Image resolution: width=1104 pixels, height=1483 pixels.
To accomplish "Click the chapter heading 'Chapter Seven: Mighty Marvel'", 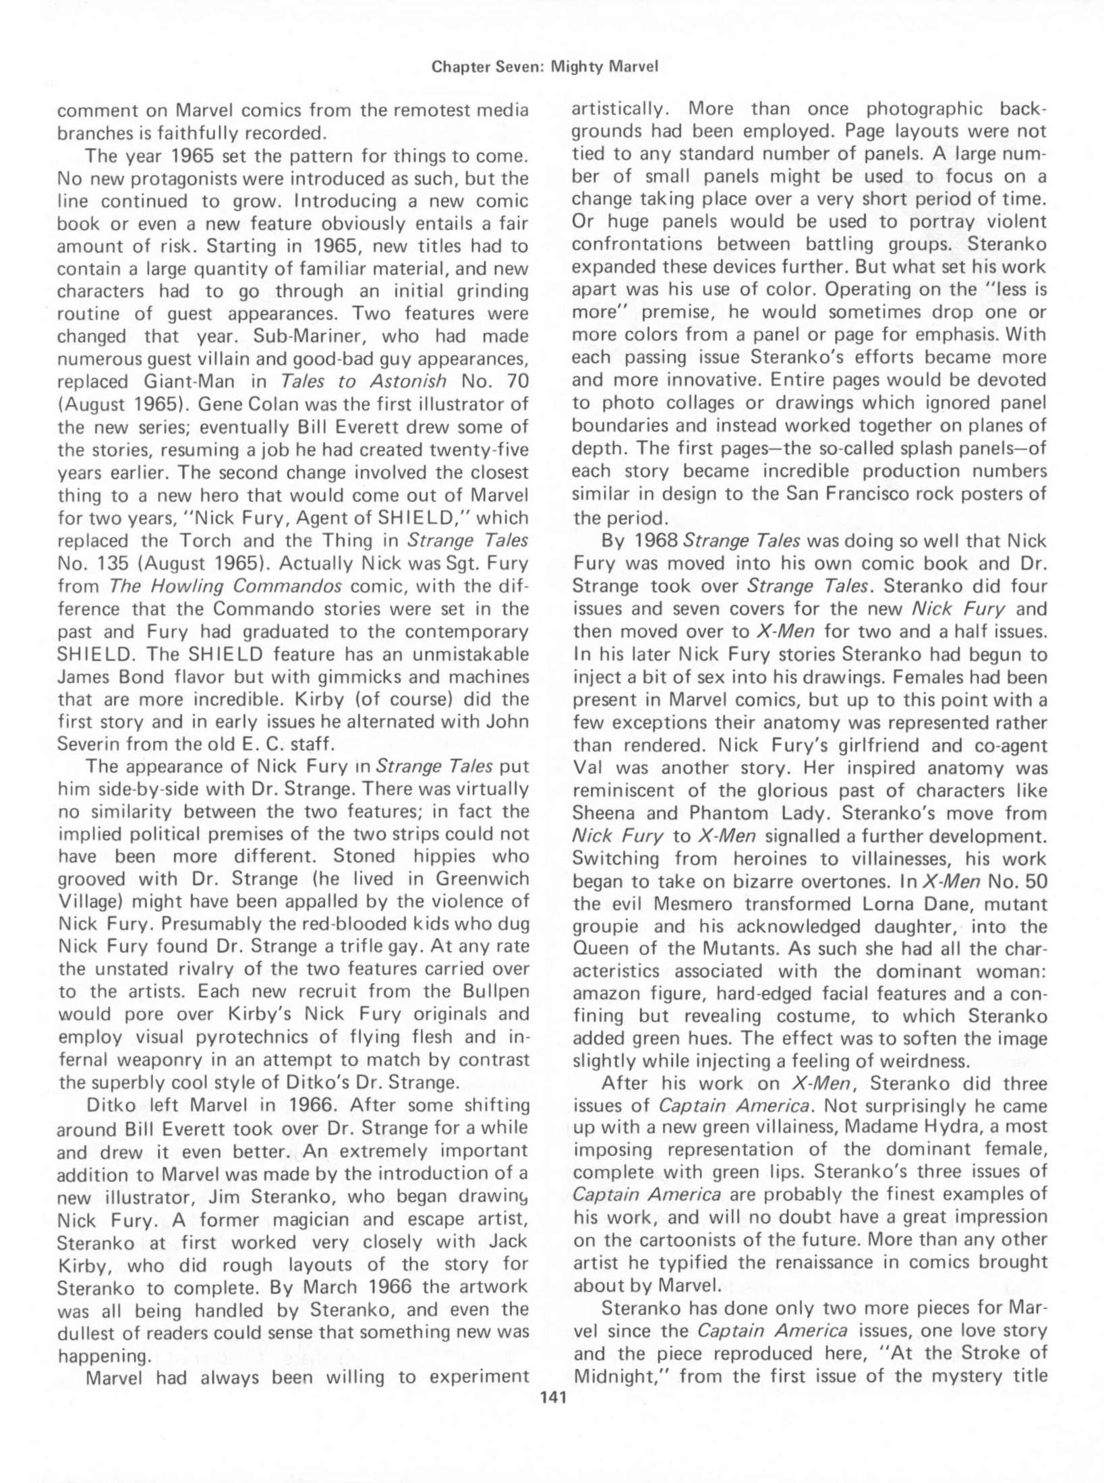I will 545,66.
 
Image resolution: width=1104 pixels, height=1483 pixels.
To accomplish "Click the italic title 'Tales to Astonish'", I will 364,382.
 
